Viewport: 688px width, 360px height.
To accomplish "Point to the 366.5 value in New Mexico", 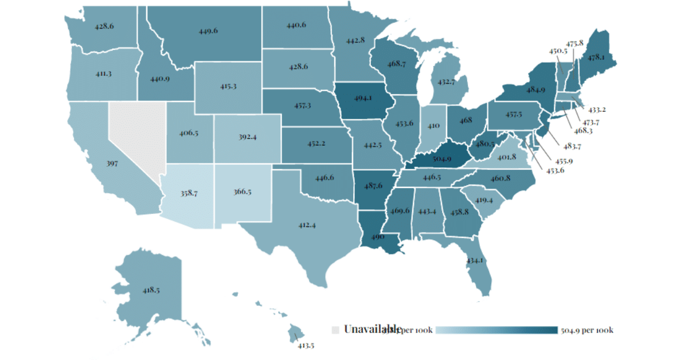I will tap(242, 191).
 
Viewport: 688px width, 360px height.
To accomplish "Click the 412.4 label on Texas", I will tap(307, 225).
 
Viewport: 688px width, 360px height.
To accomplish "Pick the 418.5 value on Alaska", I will tap(150, 290).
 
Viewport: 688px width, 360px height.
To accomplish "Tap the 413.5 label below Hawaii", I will tap(306, 345).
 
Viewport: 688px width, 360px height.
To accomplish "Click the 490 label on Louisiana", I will tap(377, 236).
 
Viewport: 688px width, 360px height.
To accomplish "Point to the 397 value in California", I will tap(112, 163).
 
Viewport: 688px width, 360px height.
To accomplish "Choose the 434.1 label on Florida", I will tap(475, 261).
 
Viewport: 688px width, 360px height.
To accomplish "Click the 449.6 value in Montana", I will tap(208, 31).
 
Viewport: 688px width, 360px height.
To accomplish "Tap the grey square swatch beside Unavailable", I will tap(336, 330).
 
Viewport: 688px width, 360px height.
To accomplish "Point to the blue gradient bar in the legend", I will tap(497, 330).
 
